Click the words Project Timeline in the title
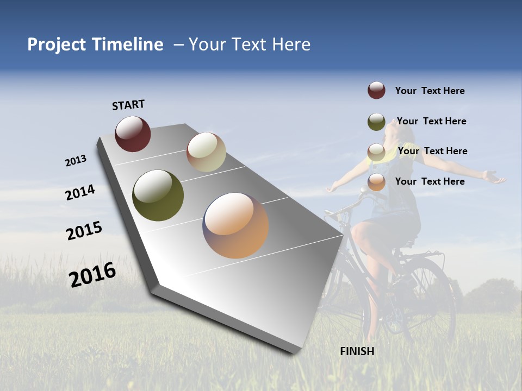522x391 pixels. point(95,45)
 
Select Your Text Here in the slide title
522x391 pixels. point(249,45)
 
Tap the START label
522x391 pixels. point(128,105)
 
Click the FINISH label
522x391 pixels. point(357,351)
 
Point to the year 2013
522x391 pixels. point(76,161)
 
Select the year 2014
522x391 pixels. point(80,192)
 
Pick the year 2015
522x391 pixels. point(84,231)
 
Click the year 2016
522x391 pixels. point(92,275)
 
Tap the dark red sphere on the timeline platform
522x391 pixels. point(133,134)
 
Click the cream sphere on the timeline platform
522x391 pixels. point(206,152)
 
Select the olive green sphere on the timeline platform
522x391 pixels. point(158,195)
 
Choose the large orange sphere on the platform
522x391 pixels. point(235,225)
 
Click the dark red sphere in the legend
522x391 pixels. point(376,90)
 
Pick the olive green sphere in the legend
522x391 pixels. point(376,122)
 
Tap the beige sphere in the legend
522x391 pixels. point(376,152)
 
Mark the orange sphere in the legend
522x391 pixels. point(376,182)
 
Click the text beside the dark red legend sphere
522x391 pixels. point(430,91)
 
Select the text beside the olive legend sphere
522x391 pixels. point(431,121)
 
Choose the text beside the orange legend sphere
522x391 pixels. point(430,181)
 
